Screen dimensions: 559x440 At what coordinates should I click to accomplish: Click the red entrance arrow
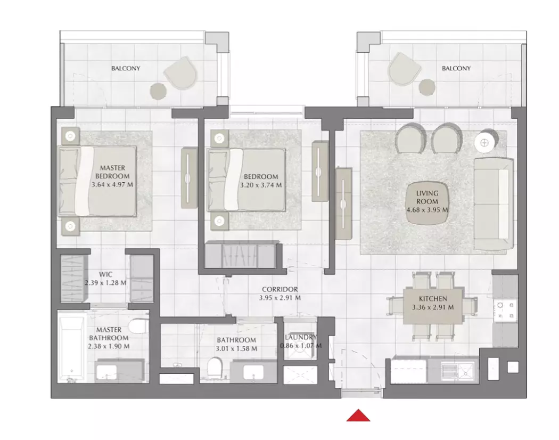point(358,415)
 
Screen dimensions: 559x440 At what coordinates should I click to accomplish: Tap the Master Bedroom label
point(112,172)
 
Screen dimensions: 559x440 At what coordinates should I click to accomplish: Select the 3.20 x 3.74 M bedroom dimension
point(261,185)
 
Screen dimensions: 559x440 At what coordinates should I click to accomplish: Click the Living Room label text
point(427,197)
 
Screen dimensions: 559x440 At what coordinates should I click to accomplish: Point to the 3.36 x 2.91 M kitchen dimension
point(433,307)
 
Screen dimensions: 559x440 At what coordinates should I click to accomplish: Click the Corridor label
point(280,289)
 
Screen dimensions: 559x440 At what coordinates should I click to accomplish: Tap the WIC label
point(105,274)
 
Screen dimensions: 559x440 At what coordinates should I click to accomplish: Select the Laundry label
point(301,337)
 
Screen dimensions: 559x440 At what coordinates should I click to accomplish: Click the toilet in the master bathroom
point(138,325)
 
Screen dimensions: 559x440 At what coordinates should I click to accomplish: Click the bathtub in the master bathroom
point(72,349)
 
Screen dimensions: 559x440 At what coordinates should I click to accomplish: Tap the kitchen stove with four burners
point(505,310)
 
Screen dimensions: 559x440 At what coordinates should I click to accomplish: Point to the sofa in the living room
point(494,204)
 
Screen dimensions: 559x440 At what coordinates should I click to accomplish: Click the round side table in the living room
point(486,142)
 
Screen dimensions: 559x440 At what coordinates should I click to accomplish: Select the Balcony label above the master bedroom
point(126,68)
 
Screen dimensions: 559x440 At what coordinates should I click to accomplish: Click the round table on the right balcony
point(427,87)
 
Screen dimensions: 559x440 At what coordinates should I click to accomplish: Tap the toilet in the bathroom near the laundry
point(215,368)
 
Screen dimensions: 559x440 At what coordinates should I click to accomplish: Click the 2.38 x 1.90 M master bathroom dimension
point(109,346)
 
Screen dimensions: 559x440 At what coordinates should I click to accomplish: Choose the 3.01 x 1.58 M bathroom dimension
point(236,349)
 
